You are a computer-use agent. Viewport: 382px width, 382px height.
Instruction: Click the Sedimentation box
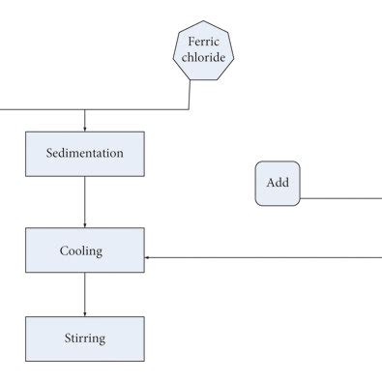85,154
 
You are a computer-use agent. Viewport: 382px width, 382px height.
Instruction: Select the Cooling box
85,250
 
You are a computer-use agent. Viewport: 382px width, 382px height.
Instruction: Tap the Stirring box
85,338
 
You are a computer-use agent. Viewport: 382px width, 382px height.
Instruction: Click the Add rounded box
277,184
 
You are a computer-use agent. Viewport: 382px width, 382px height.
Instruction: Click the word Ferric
203,42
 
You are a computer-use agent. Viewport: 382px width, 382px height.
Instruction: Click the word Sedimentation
85,154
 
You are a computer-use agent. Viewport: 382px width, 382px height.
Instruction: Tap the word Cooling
81,250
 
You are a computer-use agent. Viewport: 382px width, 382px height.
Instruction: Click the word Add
277,184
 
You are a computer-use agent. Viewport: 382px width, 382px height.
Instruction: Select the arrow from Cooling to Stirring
85,294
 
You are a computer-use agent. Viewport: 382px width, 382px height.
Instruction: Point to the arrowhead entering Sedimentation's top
85,128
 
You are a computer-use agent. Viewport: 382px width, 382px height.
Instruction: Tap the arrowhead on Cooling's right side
149,258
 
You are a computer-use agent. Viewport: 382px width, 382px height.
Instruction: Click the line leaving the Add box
338,197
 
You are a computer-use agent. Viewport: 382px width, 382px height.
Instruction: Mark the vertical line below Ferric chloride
190,95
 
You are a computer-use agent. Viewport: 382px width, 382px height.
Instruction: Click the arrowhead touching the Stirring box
85,312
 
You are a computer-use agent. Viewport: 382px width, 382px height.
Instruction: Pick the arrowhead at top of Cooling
85,223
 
